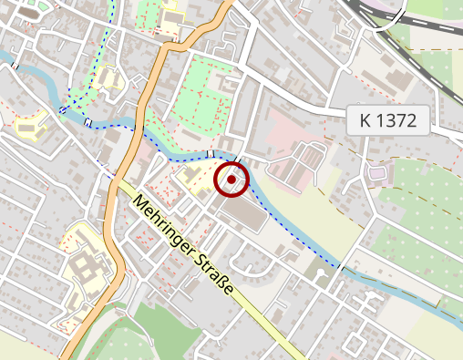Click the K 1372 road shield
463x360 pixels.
(387, 120)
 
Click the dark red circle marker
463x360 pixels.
(231, 180)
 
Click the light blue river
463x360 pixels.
(301, 238)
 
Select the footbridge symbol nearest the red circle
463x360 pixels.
(211, 154)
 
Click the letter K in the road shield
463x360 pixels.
(366, 120)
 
